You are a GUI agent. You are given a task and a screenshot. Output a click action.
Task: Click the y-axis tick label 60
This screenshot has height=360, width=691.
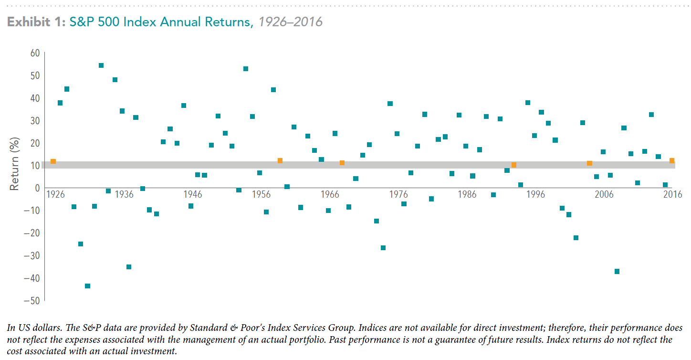tap(35, 53)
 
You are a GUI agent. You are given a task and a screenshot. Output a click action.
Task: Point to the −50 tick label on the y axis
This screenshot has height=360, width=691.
tap(32, 301)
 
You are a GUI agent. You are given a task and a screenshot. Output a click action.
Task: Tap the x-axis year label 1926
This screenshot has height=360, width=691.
tap(55, 194)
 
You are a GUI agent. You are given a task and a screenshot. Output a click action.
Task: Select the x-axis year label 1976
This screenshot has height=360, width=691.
tap(398, 194)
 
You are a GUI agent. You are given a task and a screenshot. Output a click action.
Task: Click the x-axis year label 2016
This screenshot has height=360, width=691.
tap(673, 194)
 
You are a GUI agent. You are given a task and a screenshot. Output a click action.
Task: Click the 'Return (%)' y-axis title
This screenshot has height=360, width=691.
tap(14, 164)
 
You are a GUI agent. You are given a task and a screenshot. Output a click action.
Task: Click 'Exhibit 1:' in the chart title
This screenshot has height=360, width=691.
tap(36, 22)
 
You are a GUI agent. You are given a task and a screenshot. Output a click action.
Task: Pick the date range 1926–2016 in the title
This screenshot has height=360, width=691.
tap(290, 22)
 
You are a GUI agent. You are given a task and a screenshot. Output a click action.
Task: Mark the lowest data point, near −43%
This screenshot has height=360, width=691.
tap(88, 286)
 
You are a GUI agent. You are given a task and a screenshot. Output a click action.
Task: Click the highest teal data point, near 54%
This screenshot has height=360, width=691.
tap(101, 65)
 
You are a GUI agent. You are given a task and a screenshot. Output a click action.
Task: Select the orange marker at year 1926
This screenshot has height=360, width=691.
tap(53, 161)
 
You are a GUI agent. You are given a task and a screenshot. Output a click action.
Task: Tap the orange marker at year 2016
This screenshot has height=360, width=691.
tap(672, 160)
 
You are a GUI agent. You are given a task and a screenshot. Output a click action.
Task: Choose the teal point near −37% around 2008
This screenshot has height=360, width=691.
tap(617, 272)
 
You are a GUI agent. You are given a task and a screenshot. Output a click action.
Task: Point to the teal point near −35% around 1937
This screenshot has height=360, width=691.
tap(129, 267)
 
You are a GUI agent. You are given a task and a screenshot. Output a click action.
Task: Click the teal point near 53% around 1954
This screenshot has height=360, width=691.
tap(246, 69)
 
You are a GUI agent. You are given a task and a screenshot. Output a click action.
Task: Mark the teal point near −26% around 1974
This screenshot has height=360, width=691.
tap(383, 248)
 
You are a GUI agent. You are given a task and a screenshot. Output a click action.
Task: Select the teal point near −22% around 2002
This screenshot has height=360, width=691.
tap(576, 238)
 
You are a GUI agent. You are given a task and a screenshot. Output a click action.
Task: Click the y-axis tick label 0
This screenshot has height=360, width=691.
tap(37, 188)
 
